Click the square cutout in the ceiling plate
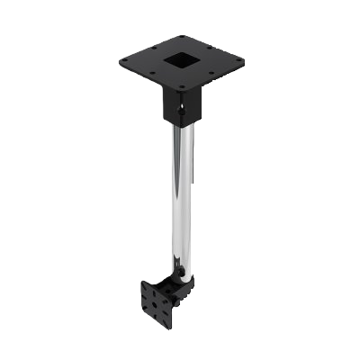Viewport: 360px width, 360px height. (181, 62)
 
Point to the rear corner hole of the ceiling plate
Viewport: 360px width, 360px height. (181, 37)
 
